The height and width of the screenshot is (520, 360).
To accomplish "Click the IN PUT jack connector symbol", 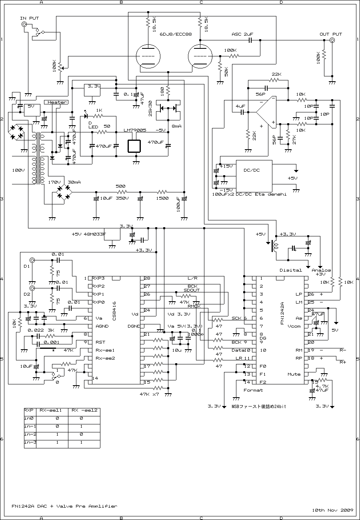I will (x=24, y=25).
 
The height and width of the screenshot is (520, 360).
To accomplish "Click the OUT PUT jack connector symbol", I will (x=332, y=40).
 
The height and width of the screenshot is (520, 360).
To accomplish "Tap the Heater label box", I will (x=57, y=102).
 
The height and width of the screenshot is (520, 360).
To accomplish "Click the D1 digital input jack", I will (x=32, y=260).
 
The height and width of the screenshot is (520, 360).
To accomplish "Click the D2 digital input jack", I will (x=32, y=288).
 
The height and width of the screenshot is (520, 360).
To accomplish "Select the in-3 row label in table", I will (x=30, y=442).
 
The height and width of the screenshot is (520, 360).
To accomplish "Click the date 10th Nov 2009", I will (x=330, y=510).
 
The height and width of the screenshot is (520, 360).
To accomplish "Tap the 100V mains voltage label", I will (x=18, y=170).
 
